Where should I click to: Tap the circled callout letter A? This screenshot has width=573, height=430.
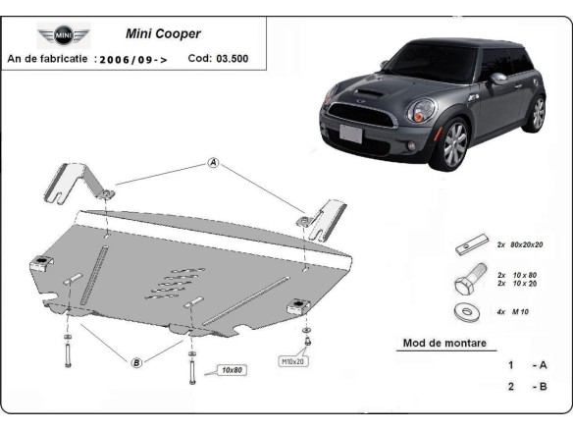pyautogui.click(x=212, y=163)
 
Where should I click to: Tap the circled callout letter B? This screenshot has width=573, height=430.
pyautogui.click(x=136, y=362)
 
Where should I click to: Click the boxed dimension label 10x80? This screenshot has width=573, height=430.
pyautogui.click(x=233, y=370)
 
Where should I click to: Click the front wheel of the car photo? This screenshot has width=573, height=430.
pyautogui.click(x=454, y=145)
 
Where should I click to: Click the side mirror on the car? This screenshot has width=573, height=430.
pyautogui.click(x=497, y=79)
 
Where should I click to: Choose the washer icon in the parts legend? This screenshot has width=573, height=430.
pyautogui.click(x=464, y=311)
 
